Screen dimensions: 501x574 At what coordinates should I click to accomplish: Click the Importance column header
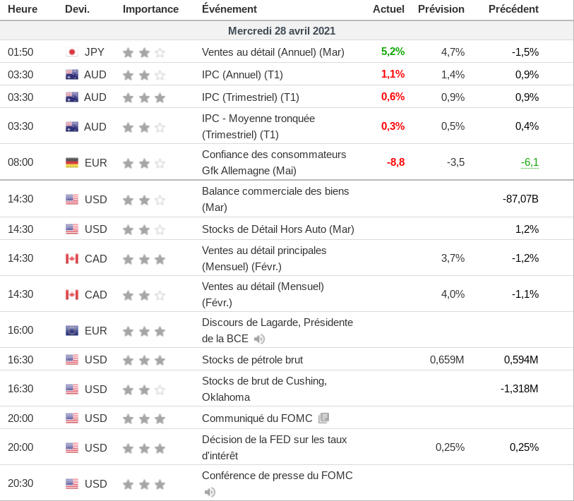click(150, 9)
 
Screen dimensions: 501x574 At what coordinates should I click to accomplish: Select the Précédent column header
click(513, 9)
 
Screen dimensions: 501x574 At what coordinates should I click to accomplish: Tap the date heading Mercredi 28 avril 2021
click(282, 31)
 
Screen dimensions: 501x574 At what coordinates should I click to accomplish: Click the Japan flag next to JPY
click(71, 52)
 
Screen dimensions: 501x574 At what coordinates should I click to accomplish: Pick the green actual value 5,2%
click(393, 52)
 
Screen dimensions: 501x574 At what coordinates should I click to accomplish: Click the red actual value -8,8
click(395, 162)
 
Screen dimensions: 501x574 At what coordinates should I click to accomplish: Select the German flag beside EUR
click(71, 162)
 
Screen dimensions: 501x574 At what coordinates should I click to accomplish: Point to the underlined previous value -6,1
click(530, 162)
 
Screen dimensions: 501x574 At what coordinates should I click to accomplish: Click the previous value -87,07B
click(520, 199)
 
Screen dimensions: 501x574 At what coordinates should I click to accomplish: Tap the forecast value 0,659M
click(447, 360)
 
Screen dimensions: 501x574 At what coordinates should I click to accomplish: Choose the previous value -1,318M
click(519, 389)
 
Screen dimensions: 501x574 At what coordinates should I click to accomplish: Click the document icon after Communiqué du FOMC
click(323, 418)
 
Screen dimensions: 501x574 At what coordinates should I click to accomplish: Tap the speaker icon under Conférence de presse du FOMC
click(210, 492)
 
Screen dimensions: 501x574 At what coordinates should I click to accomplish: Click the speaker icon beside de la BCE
click(259, 339)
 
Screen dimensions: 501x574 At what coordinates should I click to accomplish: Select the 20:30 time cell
click(20, 483)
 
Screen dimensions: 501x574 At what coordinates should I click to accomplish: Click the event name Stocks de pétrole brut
click(252, 360)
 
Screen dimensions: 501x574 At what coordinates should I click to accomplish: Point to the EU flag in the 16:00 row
click(71, 330)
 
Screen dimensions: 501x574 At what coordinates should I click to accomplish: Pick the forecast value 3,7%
click(453, 258)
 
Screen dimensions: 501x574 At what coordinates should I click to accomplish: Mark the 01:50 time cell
click(20, 52)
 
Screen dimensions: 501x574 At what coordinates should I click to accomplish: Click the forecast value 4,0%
click(453, 294)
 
